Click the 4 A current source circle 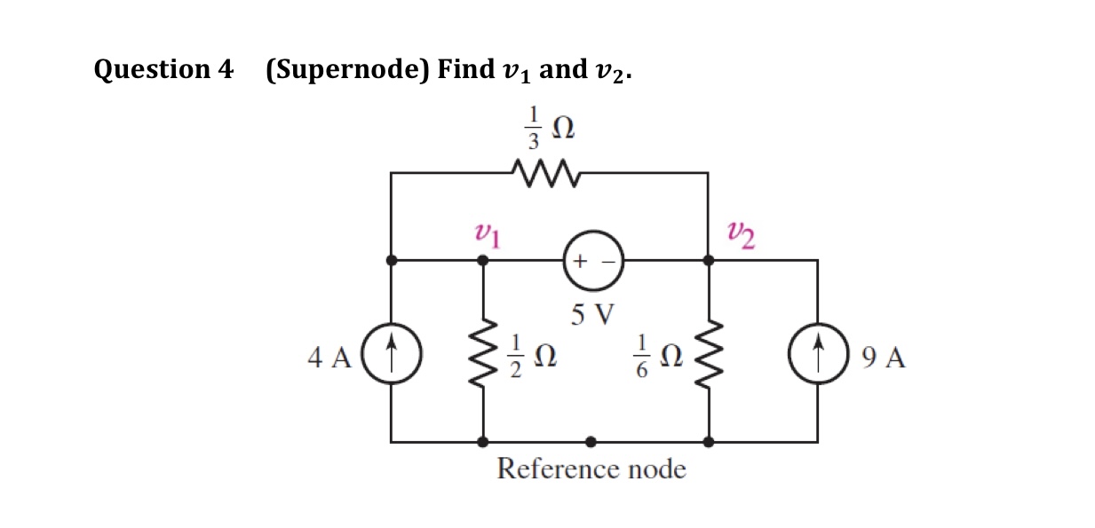click(392, 357)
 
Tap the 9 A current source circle click(817, 357)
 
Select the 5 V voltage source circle click(593, 262)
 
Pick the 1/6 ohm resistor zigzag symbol click(708, 357)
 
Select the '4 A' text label click(329, 358)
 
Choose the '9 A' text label click(884, 358)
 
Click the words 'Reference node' click(591, 468)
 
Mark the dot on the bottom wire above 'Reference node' click(591, 441)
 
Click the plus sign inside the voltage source click(580, 262)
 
